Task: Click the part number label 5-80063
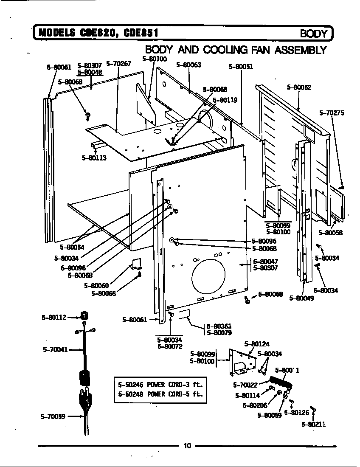(188, 65)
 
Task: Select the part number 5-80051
(241, 67)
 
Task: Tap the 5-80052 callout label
(299, 87)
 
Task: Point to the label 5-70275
(332, 113)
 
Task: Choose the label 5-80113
(94, 158)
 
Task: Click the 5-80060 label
(96, 286)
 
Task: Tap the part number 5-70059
(53, 416)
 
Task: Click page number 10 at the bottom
(187, 445)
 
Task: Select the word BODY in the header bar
(314, 34)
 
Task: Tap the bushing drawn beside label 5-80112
(85, 315)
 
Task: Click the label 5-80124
(256, 344)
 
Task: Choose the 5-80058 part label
(330, 233)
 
